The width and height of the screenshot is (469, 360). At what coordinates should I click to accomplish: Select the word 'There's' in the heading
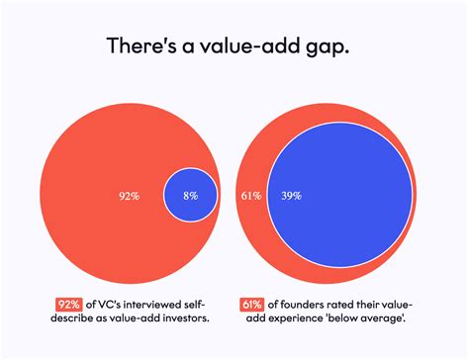coord(141,47)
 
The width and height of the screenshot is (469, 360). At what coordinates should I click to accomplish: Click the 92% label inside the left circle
coord(129,196)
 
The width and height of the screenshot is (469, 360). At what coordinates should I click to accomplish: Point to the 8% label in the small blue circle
coord(190,196)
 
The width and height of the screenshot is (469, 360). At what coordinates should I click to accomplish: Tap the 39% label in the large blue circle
coord(291,196)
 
